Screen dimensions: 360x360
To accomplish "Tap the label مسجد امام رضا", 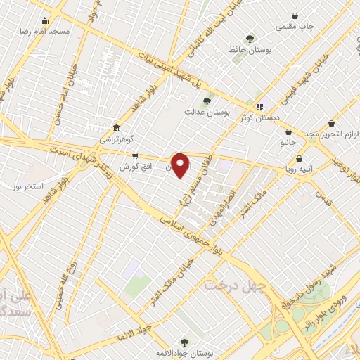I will (46, 32).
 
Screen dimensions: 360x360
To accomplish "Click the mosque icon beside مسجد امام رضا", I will (46, 20).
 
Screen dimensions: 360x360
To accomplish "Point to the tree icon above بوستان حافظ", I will (249, 39).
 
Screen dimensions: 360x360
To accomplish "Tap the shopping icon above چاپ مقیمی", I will (294, 15).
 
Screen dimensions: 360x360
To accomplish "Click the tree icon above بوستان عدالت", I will (206, 101).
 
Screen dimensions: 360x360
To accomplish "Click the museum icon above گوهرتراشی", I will (116, 129).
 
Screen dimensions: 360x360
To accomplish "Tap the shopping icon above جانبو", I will (289, 131).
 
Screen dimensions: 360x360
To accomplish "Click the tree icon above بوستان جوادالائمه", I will (184, 342).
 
